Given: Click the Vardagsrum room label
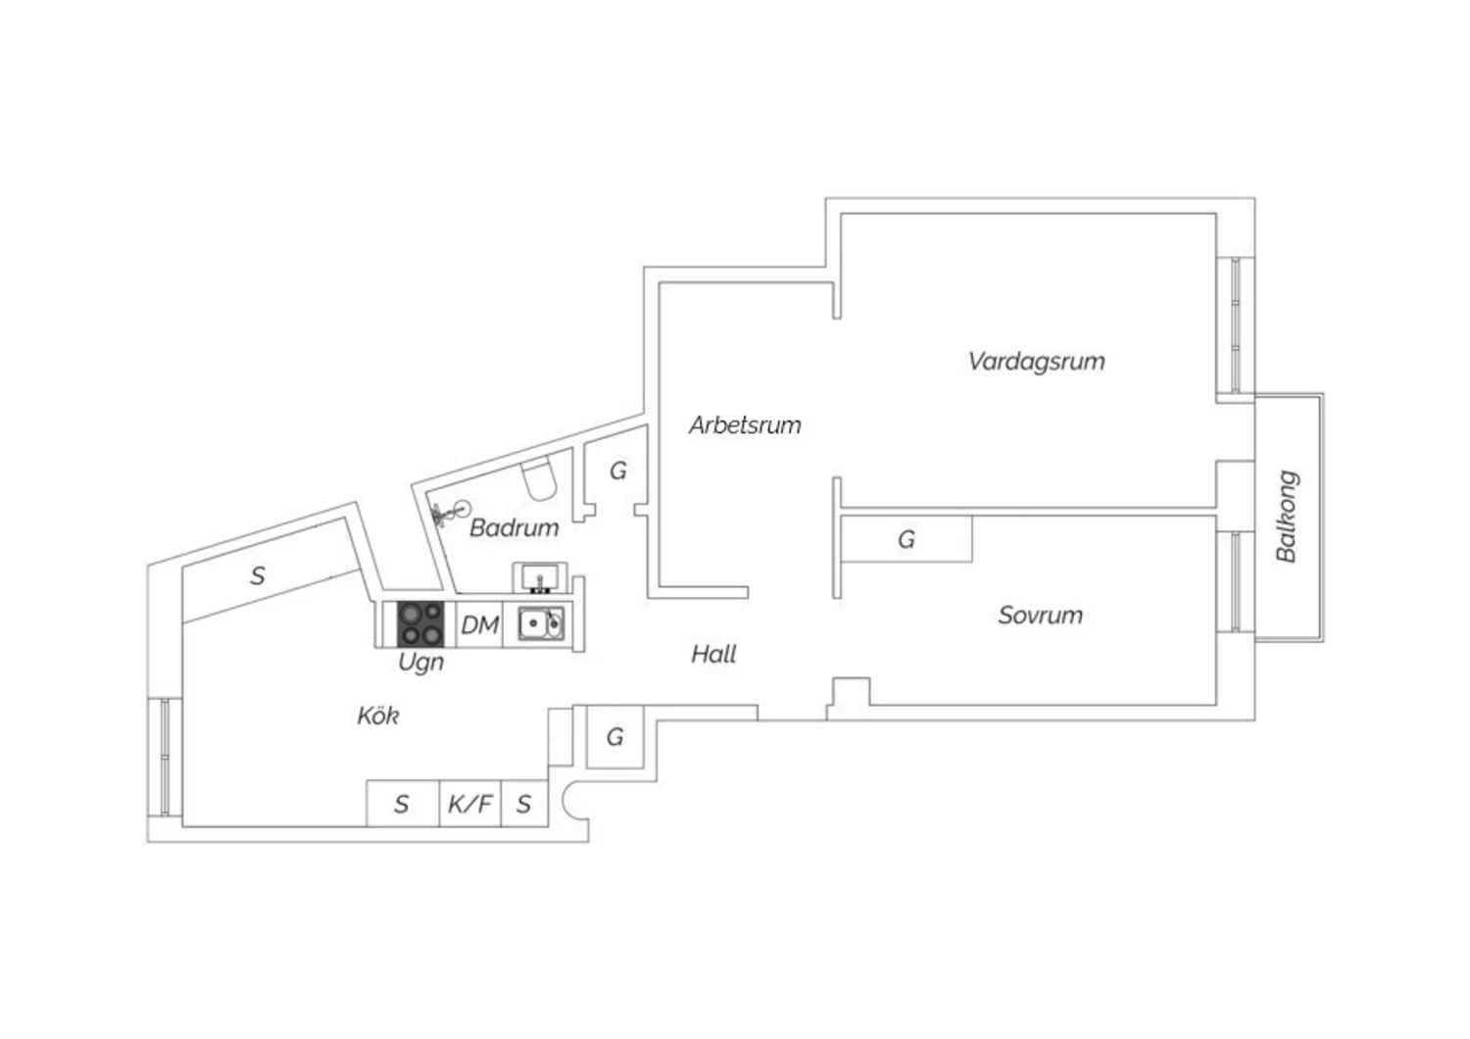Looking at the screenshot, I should [x=1036, y=362].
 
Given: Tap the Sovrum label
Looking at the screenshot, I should [x=1040, y=616].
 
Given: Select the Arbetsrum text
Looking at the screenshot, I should [x=745, y=425].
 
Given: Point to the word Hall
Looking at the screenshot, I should [x=713, y=655].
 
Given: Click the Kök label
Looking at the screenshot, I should [x=378, y=717].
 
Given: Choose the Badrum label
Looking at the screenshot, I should [x=514, y=528].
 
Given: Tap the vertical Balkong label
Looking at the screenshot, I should [x=1287, y=517].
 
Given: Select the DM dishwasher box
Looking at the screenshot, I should [x=479, y=624].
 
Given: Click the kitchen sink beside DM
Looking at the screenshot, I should [x=540, y=623].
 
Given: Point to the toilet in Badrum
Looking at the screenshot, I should [x=538, y=478].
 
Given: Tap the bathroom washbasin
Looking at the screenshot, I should [x=538, y=577].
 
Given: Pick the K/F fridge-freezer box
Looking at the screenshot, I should [x=470, y=805].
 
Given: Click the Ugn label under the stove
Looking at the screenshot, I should [x=421, y=663].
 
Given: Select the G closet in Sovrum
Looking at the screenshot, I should [x=906, y=539].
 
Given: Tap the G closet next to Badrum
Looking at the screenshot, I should [x=617, y=471].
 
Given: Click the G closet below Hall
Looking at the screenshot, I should [x=614, y=737].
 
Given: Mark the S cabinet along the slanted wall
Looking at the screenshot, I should [x=259, y=575].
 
